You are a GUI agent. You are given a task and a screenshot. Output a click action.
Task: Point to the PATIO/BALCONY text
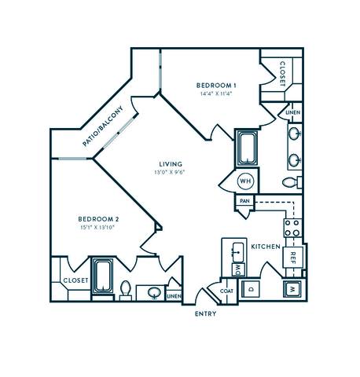pos(103,126)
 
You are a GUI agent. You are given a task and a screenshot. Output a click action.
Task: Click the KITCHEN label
pos(266,247)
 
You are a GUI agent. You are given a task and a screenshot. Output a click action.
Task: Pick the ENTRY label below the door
pos(206,313)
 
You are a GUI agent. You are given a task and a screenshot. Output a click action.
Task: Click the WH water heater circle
pos(244,181)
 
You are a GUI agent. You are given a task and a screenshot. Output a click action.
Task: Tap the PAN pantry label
pos(244,201)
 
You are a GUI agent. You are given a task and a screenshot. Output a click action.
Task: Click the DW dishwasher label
pos(237,269)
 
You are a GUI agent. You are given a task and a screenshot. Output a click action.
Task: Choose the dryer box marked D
pos(251,288)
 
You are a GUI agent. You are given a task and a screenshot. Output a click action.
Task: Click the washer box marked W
pos(291,288)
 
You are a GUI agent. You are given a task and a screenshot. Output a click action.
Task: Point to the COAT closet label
pos(226,291)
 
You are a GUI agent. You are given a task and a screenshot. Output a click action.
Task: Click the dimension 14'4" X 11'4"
pos(216,93)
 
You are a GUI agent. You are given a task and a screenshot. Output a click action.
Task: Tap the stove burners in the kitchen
pos(292,227)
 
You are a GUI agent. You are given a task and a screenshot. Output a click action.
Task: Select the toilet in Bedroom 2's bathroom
pos(126,289)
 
